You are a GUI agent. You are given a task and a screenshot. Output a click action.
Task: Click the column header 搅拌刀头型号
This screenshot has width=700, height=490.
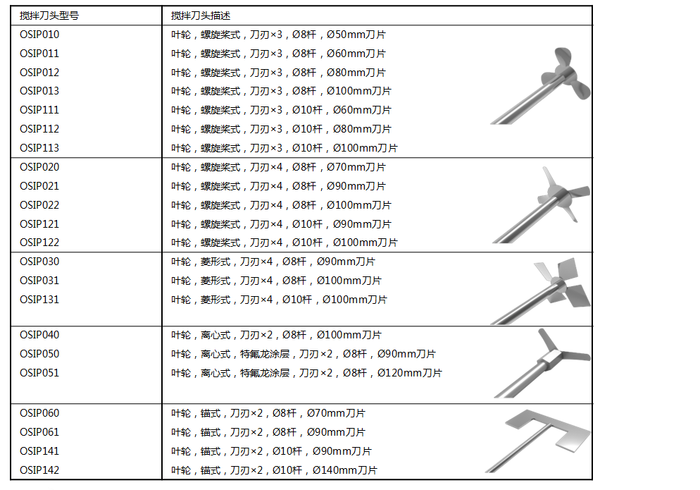[49, 16]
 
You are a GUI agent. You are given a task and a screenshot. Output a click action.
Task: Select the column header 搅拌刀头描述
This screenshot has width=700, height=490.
[201, 16]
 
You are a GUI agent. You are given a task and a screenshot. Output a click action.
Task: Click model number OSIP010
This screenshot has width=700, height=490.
[39, 35]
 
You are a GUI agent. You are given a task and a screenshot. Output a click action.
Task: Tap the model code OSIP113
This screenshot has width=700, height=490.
[39, 147]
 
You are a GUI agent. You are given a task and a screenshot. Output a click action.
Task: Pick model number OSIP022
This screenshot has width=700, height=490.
[39, 204]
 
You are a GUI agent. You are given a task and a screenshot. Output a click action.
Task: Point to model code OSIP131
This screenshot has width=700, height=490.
[39, 299]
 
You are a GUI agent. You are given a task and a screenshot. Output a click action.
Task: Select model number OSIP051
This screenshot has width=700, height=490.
[39, 372]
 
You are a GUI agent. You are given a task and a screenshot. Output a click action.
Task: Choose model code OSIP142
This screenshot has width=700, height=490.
[39, 470]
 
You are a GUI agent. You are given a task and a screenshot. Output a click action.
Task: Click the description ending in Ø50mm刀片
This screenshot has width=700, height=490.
[278, 35]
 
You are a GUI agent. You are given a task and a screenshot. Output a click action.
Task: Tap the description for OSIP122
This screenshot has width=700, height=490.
[285, 243]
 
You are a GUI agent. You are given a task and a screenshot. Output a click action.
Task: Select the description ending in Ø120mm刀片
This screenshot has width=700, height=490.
[306, 372]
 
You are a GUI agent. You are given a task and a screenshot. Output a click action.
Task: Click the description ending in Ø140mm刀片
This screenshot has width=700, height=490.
[274, 470]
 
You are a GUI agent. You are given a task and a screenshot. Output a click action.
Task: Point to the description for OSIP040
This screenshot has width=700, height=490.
[276, 334]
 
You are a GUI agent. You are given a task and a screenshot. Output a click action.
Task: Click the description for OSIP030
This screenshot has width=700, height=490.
[273, 261]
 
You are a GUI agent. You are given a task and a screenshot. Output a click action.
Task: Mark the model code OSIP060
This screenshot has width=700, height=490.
[39, 412]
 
